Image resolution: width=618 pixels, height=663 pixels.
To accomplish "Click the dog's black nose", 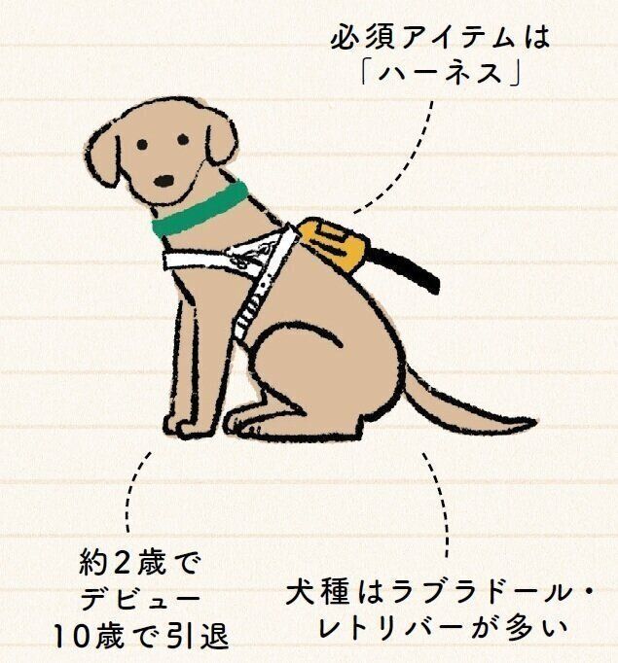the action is [x=164, y=181].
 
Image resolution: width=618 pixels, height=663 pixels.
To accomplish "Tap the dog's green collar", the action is [x=199, y=208].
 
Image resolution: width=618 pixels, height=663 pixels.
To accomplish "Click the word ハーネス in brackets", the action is [x=440, y=73].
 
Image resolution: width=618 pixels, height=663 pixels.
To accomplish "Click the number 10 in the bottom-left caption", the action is [x=71, y=637].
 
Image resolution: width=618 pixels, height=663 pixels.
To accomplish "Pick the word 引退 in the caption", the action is [x=199, y=637].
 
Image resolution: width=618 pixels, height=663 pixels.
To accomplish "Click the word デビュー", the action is [x=140, y=598].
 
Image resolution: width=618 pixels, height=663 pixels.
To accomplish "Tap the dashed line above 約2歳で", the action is [x=134, y=491].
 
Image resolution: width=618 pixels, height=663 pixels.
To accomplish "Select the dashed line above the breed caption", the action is [x=440, y=504].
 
